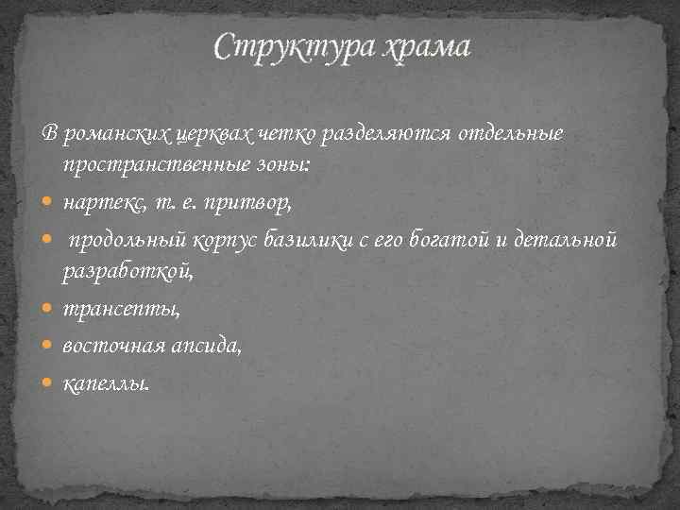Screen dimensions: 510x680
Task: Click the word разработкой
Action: pyautogui.click(x=129, y=274)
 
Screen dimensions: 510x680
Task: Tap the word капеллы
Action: pyautogui.click(x=105, y=383)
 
